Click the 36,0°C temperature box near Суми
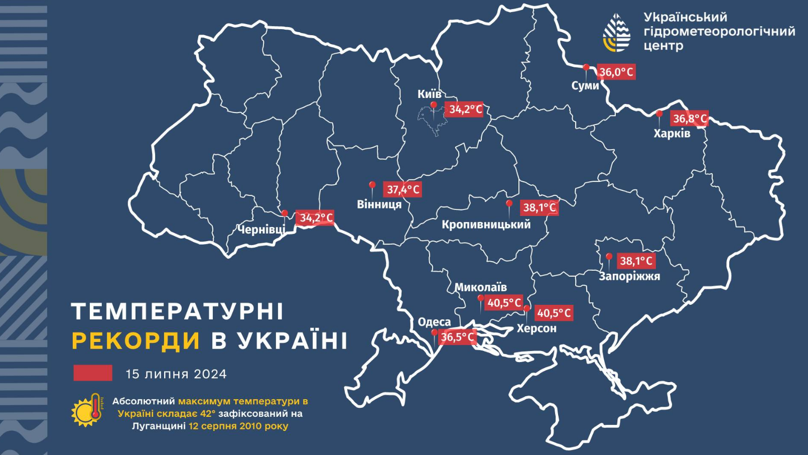[616, 72]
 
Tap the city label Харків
[671, 134]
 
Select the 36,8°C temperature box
[690, 119]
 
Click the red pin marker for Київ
[434, 106]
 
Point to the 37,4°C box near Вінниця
[402, 189]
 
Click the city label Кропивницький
[486, 224]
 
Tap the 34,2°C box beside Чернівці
[316, 217]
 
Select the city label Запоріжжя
[629, 276]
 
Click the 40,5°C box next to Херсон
[554, 313]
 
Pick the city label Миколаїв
[480, 287]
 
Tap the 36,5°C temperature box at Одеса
[457, 337]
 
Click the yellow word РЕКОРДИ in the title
[136, 341]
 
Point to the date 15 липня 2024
[176, 374]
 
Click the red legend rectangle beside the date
[93, 373]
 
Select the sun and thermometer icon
[87, 410]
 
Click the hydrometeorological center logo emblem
[617, 33]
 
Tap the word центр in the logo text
[663, 46]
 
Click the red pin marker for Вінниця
[372, 186]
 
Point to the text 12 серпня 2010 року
[238, 426]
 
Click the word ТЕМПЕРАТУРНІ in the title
[178, 311]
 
